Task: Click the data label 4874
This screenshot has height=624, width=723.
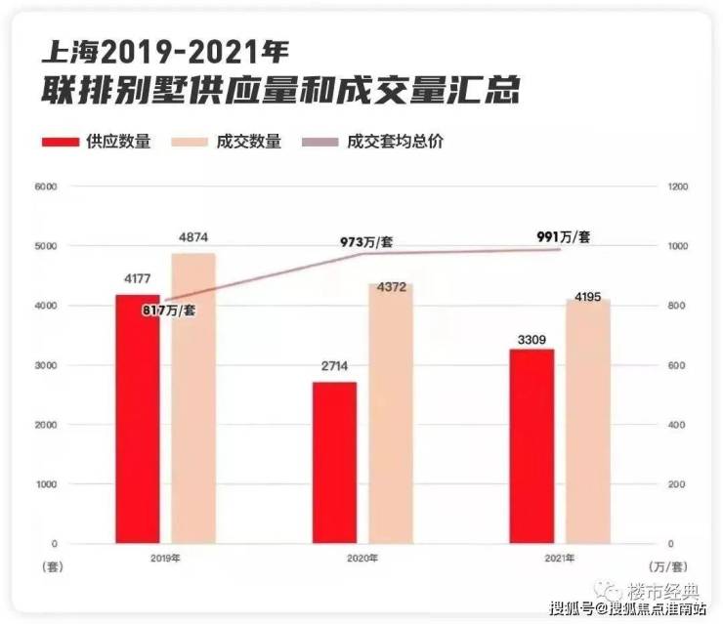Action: point(193,237)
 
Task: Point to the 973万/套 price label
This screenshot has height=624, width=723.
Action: point(367,241)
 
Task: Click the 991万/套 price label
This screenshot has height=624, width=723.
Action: point(564,236)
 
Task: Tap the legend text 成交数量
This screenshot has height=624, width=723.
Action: point(252,142)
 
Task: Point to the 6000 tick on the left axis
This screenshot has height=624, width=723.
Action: point(45,187)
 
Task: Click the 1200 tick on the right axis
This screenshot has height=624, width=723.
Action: point(678,187)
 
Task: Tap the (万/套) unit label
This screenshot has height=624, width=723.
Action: point(669,566)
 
